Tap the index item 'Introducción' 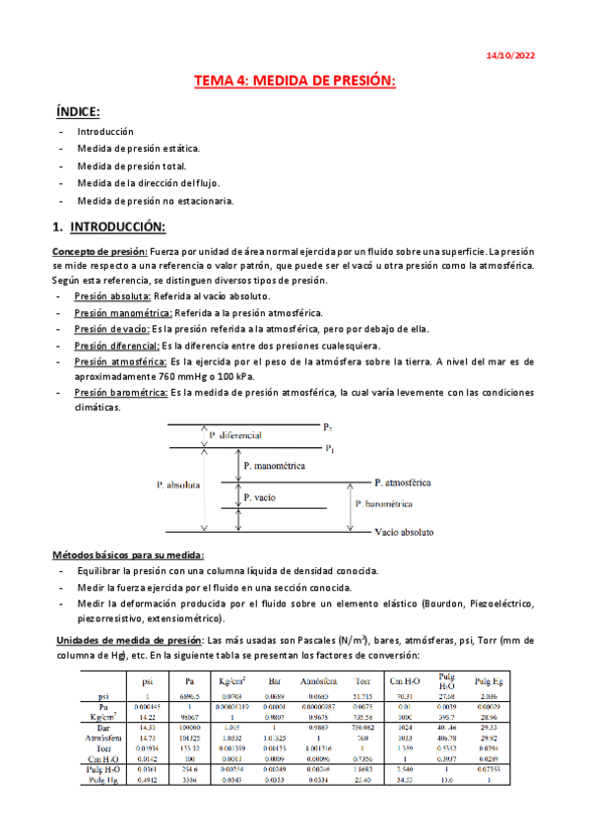click(105, 131)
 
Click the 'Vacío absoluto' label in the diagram click(404, 531)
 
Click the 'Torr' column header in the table click(362, 679)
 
